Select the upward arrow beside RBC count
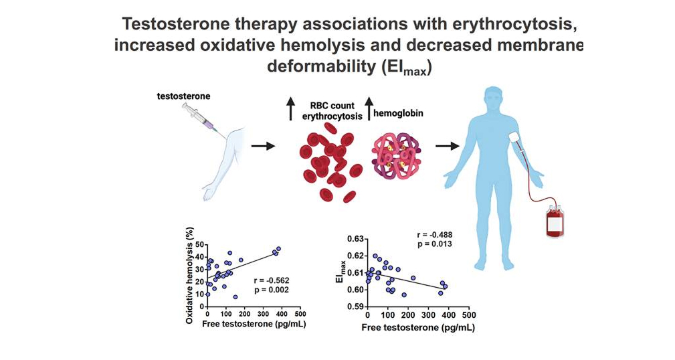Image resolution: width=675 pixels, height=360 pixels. (x=290, y=109)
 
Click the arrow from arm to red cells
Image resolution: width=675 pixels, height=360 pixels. (x=263, y=146)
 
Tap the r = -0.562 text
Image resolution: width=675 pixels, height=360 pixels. (x=271, y=280)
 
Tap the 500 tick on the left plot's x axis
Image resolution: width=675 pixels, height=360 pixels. (x=300, y=313)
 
